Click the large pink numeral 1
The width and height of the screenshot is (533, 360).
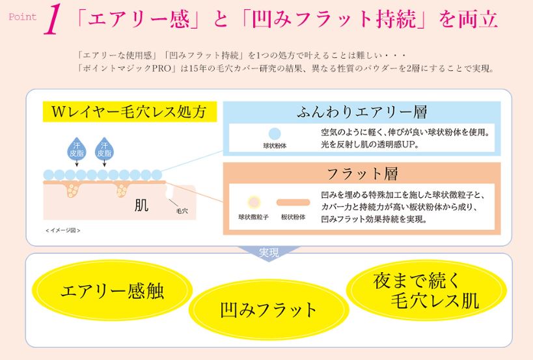coord(52,19)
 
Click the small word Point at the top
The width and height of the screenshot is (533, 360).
coord(22,17)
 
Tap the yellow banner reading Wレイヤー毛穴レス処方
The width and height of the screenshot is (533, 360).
coord(130,111)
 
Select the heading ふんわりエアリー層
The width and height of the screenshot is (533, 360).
coord(362,112)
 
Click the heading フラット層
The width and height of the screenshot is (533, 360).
coord(362,173)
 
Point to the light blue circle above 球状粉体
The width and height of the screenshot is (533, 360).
coord(275,133)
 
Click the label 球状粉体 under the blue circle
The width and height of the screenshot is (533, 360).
coord(275,146)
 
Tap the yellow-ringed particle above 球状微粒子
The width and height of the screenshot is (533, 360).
coord(254,202)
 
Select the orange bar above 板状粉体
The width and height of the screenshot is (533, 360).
coord(293,202)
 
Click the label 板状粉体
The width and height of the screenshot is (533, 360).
coord(293,217)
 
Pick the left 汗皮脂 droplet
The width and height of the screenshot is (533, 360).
coord(77,149)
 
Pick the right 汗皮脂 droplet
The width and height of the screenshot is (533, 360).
coord(104,149)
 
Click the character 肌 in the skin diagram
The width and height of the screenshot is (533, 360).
coord(141,205)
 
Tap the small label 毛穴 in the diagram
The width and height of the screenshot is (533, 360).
coord(182,211)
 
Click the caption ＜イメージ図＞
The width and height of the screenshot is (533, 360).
coord(63,230)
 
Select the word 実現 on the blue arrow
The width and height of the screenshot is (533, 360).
coord(269,252)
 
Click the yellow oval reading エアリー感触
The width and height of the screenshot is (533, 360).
coord(112,290)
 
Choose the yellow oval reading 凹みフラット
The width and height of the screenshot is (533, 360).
coord(269,310)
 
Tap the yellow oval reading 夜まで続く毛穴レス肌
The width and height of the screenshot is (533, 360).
coord(426,290)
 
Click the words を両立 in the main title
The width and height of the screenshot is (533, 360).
coord(469,19)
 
